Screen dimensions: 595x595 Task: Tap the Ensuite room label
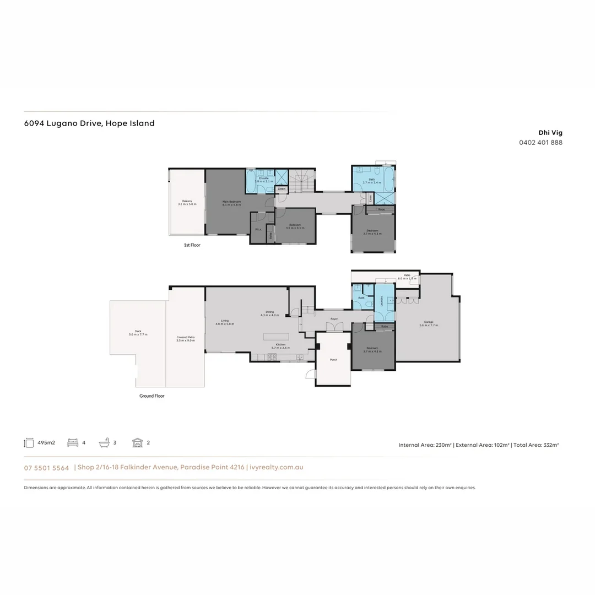264,178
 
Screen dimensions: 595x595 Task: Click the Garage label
429,322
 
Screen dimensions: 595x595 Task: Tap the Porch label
333,360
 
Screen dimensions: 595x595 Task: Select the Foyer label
334,319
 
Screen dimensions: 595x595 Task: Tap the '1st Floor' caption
192,245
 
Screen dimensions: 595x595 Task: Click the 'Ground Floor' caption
152,396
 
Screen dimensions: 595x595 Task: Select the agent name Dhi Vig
550,133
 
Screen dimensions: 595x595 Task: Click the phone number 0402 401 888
540,143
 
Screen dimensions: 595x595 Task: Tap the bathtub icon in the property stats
104,442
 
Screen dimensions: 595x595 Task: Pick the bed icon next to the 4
72,442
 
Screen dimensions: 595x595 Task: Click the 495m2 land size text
46,443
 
